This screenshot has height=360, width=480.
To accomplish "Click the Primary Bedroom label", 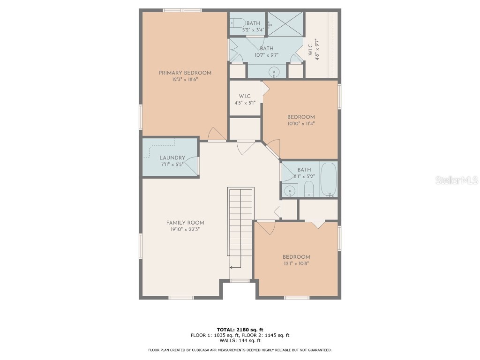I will point(185,73).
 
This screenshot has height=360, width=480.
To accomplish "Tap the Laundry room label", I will point(172,158).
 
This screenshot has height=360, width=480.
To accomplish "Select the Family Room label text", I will point(185,223).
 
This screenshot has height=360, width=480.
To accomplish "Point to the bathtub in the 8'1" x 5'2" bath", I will point(329,179).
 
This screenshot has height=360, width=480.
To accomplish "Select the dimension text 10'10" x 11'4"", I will point(301,124).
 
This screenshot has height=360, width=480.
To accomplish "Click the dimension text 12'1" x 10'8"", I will point(296,263).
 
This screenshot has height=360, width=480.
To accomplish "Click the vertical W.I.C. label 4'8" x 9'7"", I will point(317,48).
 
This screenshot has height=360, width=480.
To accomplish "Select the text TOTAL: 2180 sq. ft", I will point(240,329).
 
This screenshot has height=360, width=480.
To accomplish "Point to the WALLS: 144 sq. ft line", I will point(240,341).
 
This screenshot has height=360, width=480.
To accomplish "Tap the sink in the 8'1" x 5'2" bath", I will point(291,190).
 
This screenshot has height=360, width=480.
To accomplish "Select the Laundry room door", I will point(193,166).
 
